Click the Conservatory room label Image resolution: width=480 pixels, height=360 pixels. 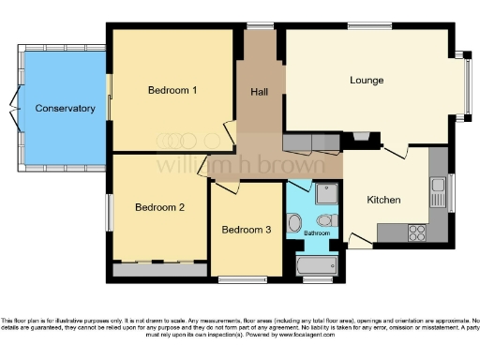(x=65, y=109)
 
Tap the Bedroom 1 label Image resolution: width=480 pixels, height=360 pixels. (x=172, y=91)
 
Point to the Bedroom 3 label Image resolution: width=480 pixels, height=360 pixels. (x=246, y=230)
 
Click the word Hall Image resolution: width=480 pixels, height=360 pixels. (x=260, y=92)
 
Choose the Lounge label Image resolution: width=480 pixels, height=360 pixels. (x=367, y=80)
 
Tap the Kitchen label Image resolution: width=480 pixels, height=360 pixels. (x=383, y=200)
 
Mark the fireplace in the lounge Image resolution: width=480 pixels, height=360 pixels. (x=360, y=140)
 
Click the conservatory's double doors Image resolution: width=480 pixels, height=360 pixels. (x=13, y=109)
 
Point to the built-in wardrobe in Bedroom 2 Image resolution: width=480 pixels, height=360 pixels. (x=157, y=269)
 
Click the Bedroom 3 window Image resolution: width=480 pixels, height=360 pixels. (x=241, y=279)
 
